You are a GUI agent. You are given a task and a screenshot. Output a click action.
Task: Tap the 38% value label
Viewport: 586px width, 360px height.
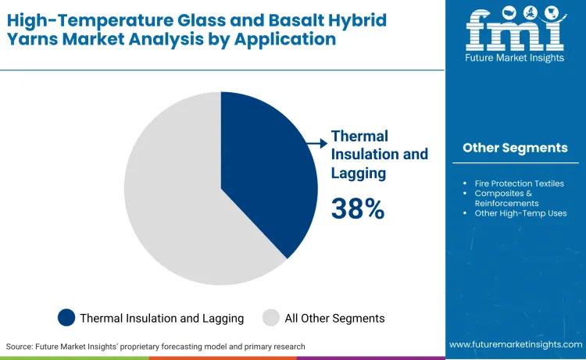358,209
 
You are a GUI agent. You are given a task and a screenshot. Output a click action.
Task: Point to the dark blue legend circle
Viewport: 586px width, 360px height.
66,318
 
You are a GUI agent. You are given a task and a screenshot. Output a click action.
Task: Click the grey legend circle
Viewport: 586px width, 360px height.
270,318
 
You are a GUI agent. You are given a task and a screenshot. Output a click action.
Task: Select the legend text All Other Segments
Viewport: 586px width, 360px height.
334,318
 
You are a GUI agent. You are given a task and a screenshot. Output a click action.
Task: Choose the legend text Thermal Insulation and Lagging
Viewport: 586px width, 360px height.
162,318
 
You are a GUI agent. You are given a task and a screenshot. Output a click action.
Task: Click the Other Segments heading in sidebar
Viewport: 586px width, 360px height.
515,148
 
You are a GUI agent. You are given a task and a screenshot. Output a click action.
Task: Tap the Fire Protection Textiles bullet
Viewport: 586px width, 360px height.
519,184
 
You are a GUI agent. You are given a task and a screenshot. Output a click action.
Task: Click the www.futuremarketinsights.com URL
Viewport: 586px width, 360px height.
515,344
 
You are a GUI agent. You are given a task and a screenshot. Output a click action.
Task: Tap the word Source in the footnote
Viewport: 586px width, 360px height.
22,346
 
